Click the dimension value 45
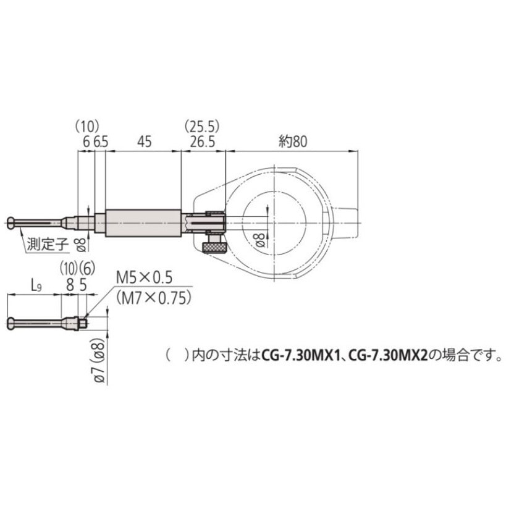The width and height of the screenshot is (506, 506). [x=143, y=141]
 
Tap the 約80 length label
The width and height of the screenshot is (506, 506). [x=292, y=141]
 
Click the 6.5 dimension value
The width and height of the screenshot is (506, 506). [x=101, y=141]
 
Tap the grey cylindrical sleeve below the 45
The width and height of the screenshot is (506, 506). [x=143, y=222]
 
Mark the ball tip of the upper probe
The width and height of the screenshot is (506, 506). [x=14, y=222]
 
